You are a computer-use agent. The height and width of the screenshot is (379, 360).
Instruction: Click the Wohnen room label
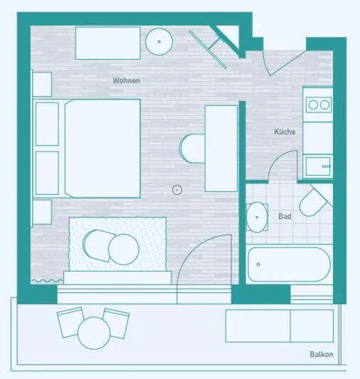tap(126, 80)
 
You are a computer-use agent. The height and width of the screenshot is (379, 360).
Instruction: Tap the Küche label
tap(285, 132)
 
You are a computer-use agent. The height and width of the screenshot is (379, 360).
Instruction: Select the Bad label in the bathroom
tap(285, 216)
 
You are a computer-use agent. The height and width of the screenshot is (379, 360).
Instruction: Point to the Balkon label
tap(322, 354)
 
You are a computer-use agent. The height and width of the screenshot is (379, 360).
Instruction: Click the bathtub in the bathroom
tap(289, 265)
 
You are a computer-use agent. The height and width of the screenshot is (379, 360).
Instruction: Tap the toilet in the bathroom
tap(314, 201)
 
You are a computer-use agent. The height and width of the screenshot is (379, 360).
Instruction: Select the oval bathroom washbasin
tap(257, 217)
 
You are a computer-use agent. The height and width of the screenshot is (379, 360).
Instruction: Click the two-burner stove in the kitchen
tap(319, 105)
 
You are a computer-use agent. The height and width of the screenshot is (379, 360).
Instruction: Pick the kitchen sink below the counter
tap(318, 166)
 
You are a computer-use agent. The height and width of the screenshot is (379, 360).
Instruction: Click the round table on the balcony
tap(94, 333)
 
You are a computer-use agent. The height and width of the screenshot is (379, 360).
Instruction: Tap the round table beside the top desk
tap(159, 41)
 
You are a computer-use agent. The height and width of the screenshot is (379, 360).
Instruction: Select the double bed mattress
tap(102, 149)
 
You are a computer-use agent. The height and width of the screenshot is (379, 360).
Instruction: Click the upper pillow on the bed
tap(47, 124)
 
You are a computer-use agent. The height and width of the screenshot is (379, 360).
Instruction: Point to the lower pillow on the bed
tap(47, 173)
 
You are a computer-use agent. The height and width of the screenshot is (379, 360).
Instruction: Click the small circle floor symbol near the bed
tap(177, 190)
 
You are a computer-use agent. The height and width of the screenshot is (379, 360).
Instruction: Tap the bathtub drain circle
tap(258, 265)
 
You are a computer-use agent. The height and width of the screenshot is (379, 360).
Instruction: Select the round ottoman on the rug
tap(124, 250)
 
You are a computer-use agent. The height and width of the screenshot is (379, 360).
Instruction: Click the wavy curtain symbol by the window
tap(47, 281)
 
